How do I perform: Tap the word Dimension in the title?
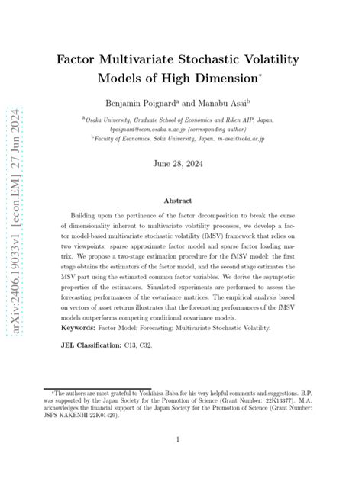pos(222,78)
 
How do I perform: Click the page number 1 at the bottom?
pos(180,439)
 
